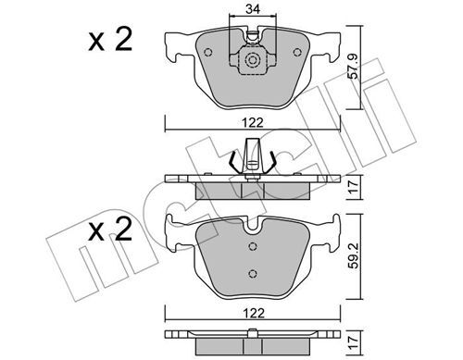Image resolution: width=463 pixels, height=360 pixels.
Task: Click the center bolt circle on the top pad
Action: pos(251,62)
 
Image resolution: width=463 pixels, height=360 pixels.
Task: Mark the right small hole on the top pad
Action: pos(296,52)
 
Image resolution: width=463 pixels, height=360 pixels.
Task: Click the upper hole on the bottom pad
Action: pos(252,246)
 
